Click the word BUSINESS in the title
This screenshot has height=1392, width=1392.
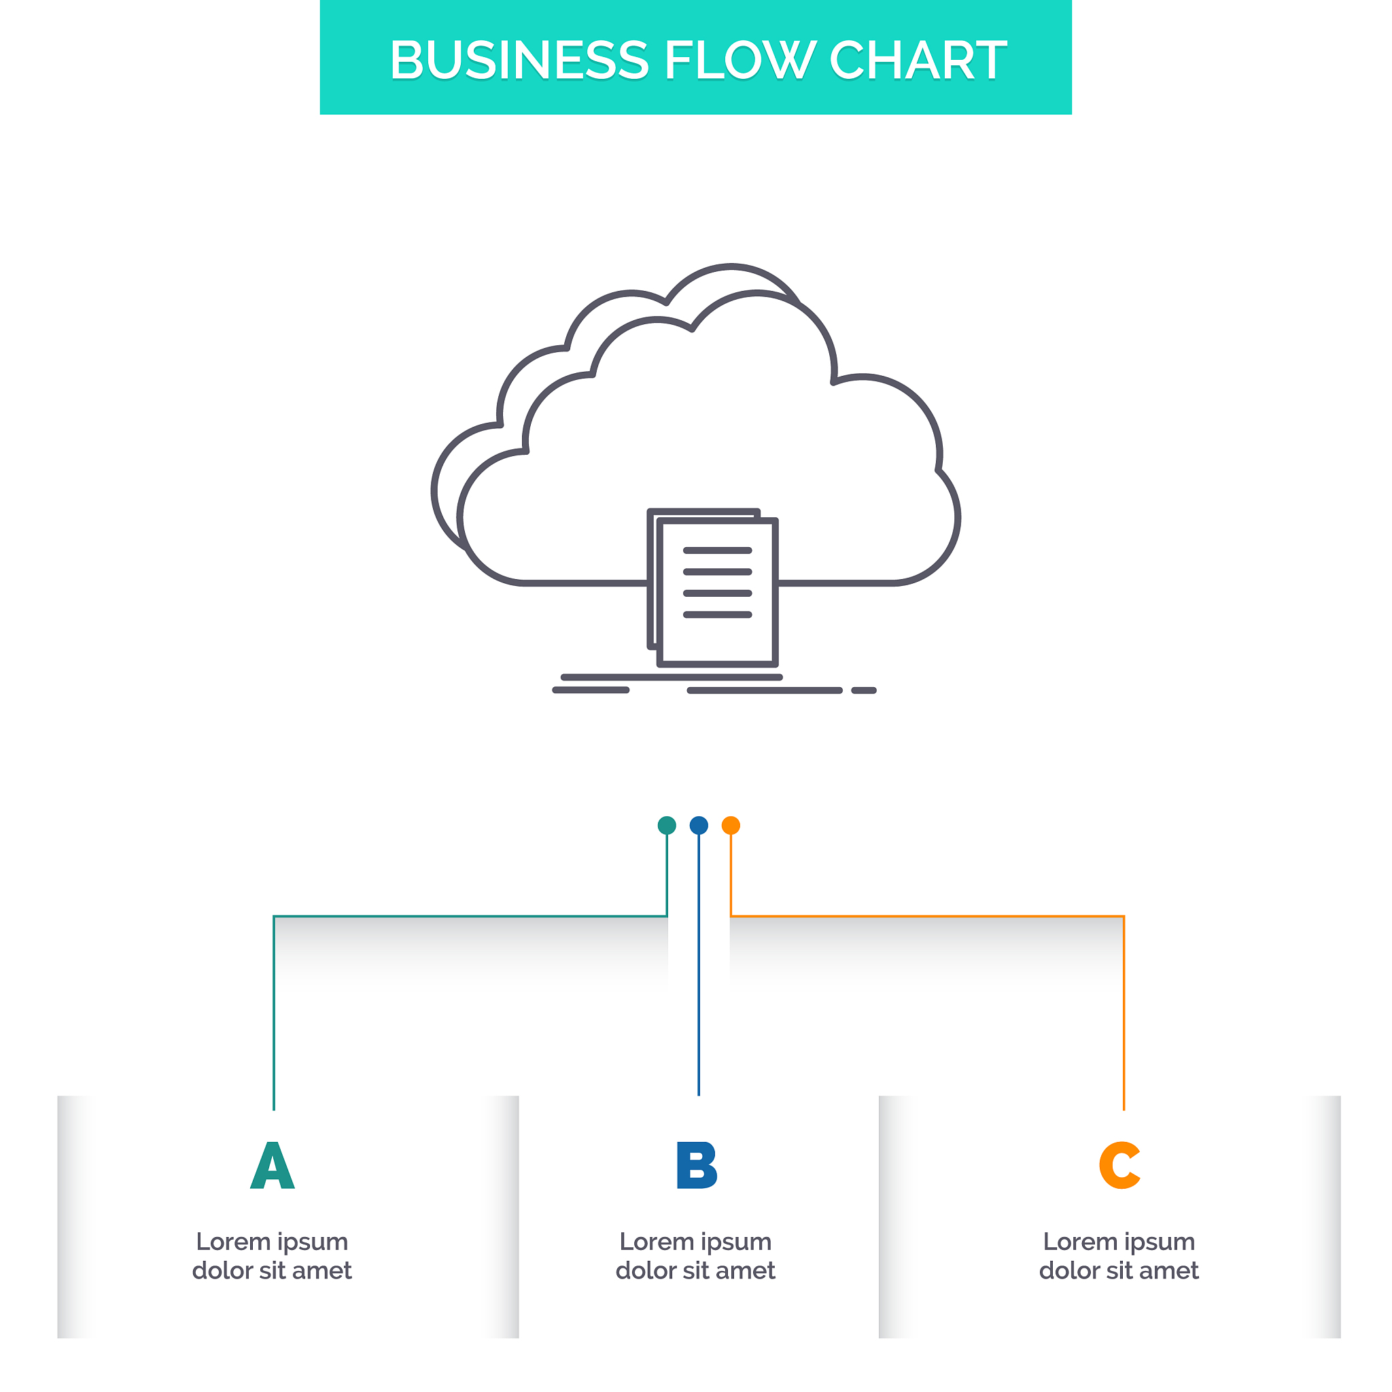(519, 60)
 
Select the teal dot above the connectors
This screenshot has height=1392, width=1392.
(667, 825)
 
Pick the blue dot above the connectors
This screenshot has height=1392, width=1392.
(699, 825)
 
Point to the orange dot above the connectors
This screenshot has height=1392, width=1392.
(731, 825)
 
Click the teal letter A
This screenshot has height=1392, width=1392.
(273, 1166)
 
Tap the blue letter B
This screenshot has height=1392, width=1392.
(697, 1166)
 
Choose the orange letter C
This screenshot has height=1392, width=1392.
(1119, 1166)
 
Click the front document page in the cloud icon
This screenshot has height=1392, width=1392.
(718, 641)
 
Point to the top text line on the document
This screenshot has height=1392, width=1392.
(718, 551)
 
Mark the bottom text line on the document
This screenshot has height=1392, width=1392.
(718, 614)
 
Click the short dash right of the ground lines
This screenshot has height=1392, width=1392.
(864, 691)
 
